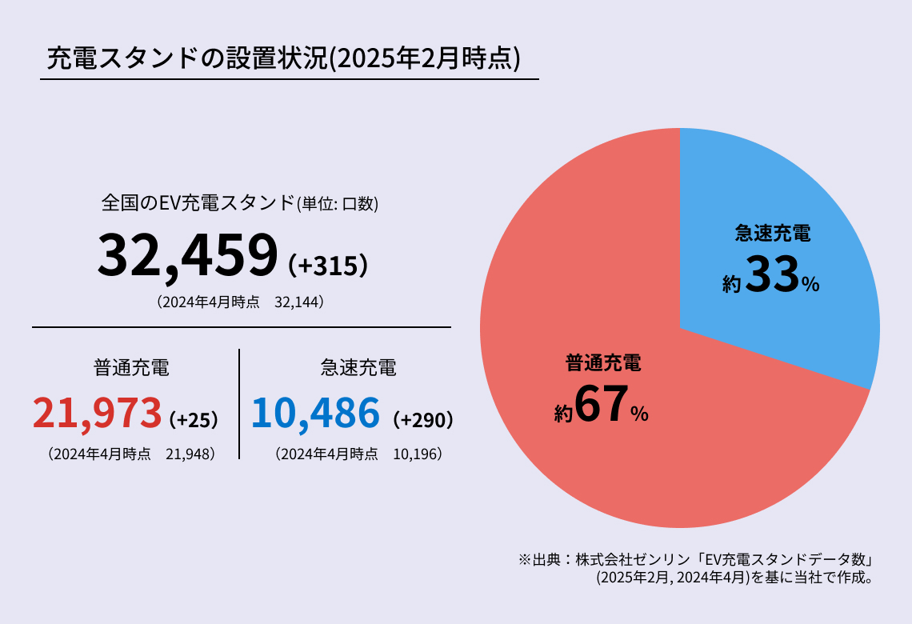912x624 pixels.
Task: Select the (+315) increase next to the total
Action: coord(328,266)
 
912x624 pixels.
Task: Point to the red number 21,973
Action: coord(97,413)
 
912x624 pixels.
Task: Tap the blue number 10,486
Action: coord(315,413)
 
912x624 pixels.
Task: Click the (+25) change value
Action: coord(194,419)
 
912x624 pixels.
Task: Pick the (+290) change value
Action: coord(424,419)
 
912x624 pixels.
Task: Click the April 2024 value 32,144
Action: coord(299,302)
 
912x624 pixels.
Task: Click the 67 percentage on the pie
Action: coord(598,406)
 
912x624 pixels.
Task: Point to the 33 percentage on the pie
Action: coord(773,276)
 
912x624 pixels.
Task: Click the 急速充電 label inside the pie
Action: coord(772,234)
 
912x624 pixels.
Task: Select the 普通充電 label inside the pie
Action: coord(603,363)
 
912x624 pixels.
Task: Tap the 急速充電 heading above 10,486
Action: coord(358,368)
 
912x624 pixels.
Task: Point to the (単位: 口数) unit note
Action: coord(338,205)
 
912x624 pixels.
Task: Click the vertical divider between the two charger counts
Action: coord(239,404)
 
